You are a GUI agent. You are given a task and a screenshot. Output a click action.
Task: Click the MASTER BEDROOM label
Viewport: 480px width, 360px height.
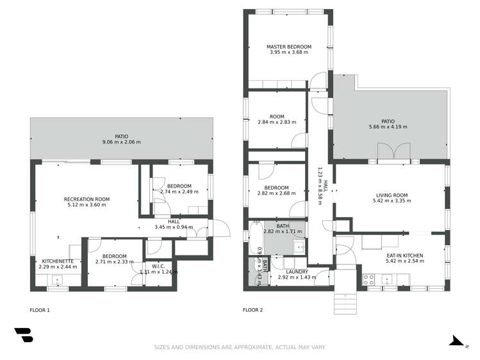tap(289, 47)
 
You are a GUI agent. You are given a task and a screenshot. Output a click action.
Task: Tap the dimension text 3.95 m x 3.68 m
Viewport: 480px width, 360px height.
tap(289, 53)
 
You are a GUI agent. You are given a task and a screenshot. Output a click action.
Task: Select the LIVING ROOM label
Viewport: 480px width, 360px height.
tap(391, 195)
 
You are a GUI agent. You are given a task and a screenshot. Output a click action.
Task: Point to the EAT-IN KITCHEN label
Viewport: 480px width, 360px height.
tap(406, 255)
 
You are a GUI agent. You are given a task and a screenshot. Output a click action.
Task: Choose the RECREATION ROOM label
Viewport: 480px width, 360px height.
tap(87, 199)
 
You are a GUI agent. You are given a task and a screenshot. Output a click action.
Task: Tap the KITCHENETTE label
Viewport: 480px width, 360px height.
tap(58, 261)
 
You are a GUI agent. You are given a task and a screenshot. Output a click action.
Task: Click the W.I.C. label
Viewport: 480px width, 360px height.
tap(158, 266)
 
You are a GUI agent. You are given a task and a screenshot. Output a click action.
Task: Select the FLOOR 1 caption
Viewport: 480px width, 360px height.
tap(40, 310)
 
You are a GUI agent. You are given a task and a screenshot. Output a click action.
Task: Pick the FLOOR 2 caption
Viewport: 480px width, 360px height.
tap(252, 310)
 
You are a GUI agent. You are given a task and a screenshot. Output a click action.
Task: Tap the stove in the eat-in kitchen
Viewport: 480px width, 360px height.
tap(369, 279)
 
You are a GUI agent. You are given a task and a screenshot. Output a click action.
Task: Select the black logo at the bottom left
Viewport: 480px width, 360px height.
tap(24, 335)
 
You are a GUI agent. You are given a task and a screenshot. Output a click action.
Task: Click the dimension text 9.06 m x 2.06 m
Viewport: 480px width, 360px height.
tap(121, 142)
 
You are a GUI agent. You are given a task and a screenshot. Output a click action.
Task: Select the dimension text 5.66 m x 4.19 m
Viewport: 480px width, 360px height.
tap(388, 127)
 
